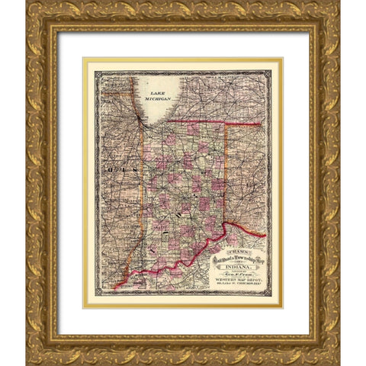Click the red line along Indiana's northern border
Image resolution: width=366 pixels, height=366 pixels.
206,120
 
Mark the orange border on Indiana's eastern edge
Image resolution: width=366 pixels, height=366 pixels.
226,175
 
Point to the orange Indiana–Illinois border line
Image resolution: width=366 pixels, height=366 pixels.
144,175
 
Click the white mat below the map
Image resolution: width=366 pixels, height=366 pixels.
183,320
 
